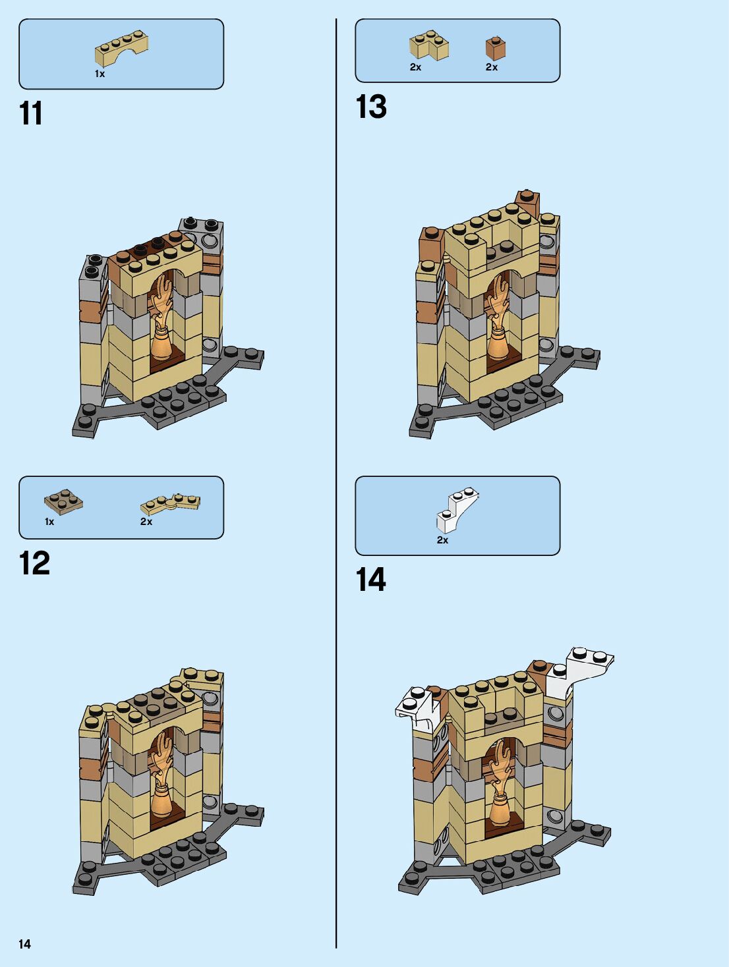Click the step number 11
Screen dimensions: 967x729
[31, 113]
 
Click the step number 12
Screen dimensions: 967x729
[34, 564]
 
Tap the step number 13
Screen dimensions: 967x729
[371, 107]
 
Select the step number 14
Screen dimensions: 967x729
[370, 580]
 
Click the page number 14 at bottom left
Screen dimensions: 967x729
[24, 944]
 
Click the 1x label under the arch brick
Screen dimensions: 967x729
[100, 74]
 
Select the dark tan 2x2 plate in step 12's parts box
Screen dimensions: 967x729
[63, 501]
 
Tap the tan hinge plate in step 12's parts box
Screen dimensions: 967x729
[170, 503]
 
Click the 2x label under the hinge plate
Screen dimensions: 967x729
[146, 522]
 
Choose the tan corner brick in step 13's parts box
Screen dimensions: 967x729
[428, 46]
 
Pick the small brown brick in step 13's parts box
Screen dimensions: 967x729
[496, 47]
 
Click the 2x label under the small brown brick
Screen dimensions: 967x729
[492, 67]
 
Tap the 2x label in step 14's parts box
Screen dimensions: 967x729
[442, 540]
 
